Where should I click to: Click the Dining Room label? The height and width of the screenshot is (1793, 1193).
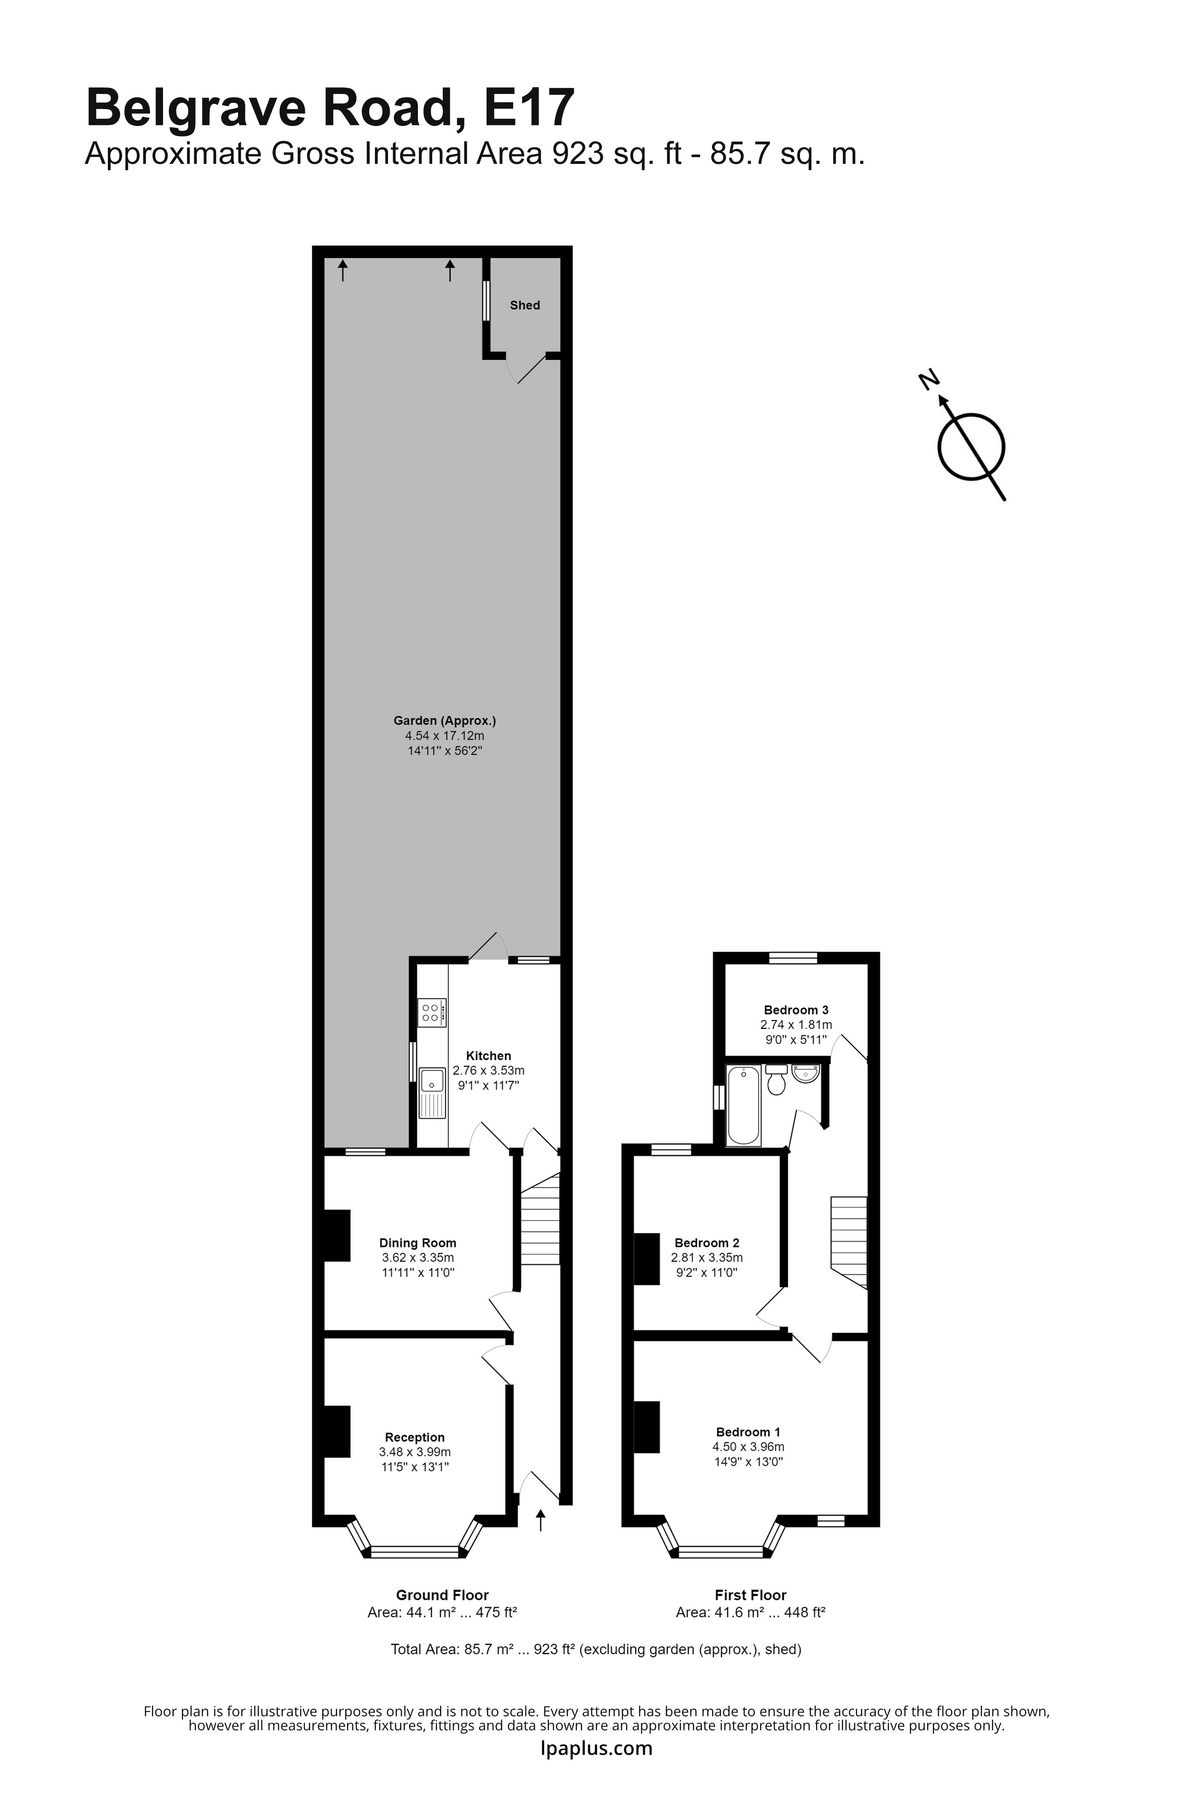coord(418,1242)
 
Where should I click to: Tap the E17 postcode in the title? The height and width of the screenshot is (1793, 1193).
coord(529,107)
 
